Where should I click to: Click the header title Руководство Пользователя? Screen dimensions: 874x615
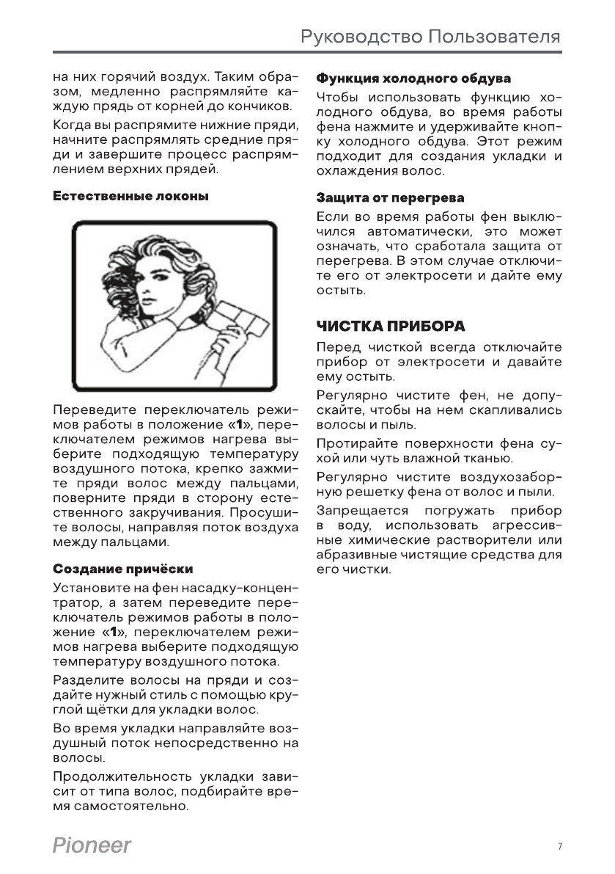tap(432, 37)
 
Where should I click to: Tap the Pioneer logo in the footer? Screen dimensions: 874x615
tap(92, 846)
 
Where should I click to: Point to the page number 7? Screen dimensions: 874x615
tap(559, 847)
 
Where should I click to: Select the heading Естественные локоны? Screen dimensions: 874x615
tap(131, 197)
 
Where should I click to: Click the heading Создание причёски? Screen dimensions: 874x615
tap(124, 569)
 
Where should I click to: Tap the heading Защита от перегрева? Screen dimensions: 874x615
tap(390, 198)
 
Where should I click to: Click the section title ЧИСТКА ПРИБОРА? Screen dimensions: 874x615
tap(391, 324)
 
